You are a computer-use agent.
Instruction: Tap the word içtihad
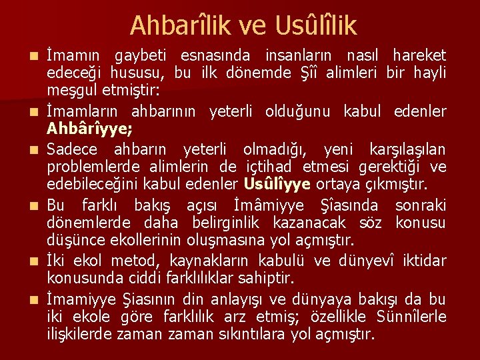[x=269, y=166]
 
